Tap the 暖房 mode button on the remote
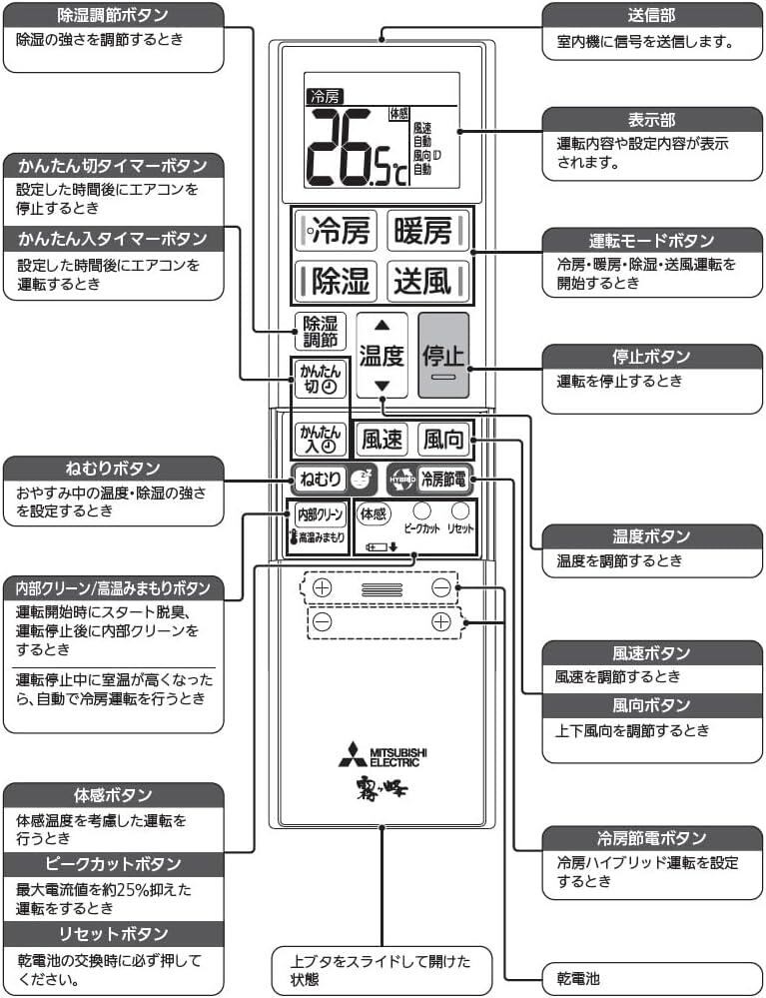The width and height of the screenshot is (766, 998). click(424, 233)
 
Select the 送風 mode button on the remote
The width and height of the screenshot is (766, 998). click(424, 281)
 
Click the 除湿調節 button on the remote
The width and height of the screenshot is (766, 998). click(321, 331)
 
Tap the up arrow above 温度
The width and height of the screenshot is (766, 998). click(382, 325)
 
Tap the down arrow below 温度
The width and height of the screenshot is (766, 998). click(382, 386)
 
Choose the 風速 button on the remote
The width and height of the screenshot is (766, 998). click(383, 439)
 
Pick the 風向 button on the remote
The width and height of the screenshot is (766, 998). click(443, 439)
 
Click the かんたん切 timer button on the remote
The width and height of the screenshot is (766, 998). click(321, 379)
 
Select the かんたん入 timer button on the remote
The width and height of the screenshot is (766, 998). click(321, 439)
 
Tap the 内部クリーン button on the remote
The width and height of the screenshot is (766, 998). click(319, 513)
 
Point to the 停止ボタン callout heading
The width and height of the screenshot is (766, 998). click(651, 357)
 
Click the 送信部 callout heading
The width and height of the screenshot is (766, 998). click(651, 16)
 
